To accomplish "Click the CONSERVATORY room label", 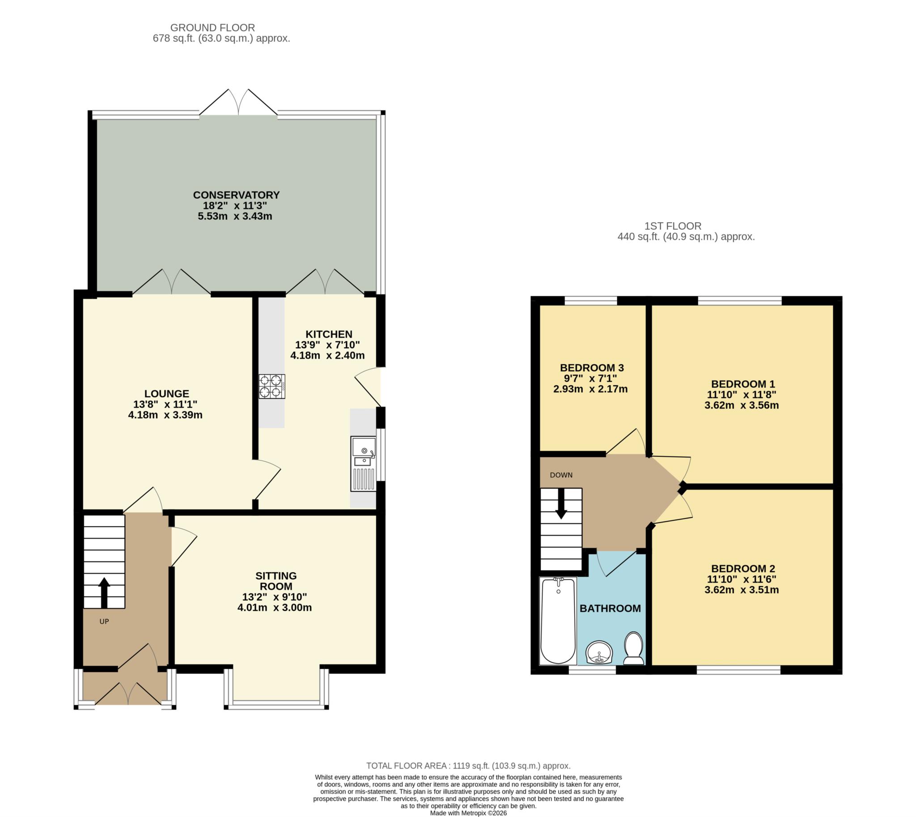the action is tap(236, 195).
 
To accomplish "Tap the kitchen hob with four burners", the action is tap(271, 387).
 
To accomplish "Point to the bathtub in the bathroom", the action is tap(558, 621).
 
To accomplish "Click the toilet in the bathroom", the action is tap(634, 648).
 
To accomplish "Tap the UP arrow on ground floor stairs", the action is tap(104, 592).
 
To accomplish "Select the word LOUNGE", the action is tap(166, 394).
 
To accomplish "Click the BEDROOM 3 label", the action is tap(592, 368).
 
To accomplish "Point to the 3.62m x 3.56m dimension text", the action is tap(742, 405).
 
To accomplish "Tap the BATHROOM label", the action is tap(611, 608).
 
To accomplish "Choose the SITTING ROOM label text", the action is tap(276, 581).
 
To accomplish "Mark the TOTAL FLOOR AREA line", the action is tap(469, 766).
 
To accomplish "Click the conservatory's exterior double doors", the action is tap(238, 102).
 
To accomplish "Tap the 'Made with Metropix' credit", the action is tap(469, 813).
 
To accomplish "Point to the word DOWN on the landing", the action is tap(561, 475).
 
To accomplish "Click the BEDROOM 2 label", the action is tap(743, 569).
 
